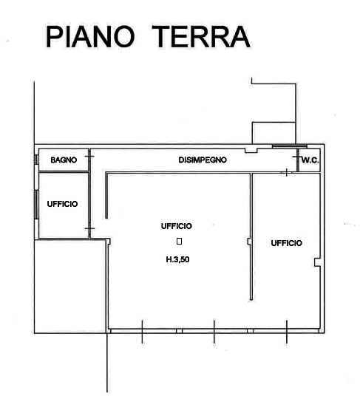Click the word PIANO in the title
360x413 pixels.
coord(90,37)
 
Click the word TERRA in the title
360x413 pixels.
coord(201,37)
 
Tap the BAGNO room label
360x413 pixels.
coord(64,160)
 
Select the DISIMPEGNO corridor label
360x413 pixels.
coord(203,160)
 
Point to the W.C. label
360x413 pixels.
coord(310,160)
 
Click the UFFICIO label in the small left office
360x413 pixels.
coord(62,204)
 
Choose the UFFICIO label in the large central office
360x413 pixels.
coord(177,226)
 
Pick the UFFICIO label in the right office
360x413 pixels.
coord(287,243)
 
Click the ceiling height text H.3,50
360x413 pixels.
coord(177,259)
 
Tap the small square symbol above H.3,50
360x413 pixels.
coord(179,242)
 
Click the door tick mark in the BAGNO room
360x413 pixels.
coord(89,157)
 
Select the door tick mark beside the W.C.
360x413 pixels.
coord(297,157)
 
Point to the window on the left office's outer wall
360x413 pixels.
coord(36,205)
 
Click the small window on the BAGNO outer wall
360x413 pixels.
coord(36,160)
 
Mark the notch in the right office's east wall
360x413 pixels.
coord(317,262)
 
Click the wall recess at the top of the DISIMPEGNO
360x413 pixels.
coord(251,151)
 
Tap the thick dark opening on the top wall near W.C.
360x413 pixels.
coord(289,146)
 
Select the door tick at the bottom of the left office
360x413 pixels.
coord(89,228)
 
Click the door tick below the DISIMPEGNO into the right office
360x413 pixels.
coord(287,173)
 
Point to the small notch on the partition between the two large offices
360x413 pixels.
coord(249,242)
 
